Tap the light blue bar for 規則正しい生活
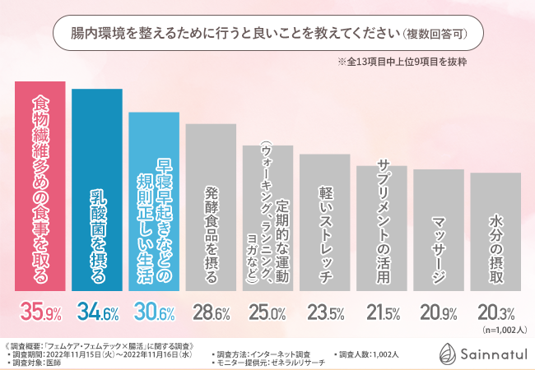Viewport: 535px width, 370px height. tap(153, 201)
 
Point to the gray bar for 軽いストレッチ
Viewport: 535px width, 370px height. tap(323, 222)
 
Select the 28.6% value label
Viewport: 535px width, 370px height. tap(210, 312)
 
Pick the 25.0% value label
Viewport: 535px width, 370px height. tap(267, 312)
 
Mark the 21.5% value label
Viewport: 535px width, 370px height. tap(380, 312)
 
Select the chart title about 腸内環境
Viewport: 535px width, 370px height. tap(267, 35)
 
